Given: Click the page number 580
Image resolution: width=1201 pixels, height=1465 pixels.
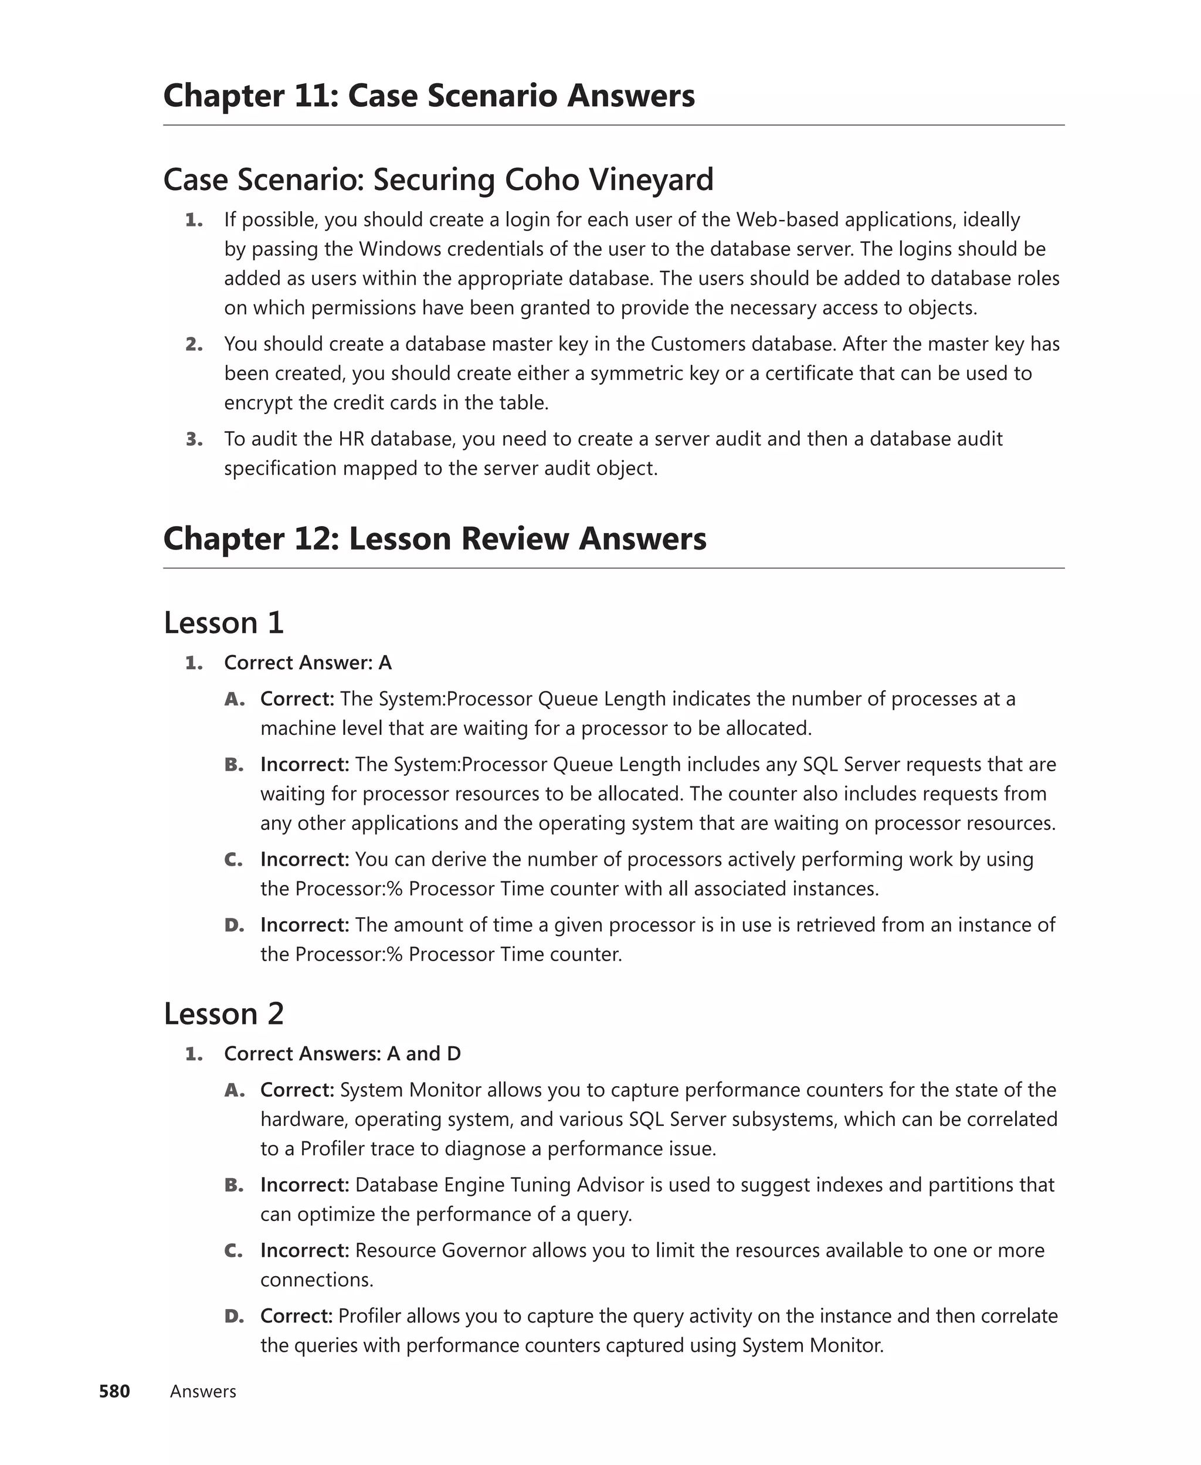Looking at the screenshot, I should pos(114,1391).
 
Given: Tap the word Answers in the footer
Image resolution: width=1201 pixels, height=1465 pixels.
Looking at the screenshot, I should pos(203,1391).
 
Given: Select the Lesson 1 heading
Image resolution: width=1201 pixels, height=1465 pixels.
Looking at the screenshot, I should pos(223,622).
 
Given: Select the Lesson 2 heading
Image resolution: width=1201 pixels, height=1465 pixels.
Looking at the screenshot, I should pos(223,1013).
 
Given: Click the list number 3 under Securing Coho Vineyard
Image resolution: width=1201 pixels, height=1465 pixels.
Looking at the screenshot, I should pos(194,439).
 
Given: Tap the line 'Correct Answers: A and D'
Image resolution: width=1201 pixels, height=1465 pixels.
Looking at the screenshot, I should pos(342,1053).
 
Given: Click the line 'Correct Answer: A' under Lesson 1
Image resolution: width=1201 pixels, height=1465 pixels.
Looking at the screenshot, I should pos(308,663).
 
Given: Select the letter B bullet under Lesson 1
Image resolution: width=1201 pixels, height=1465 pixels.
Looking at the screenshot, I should pos(234,764).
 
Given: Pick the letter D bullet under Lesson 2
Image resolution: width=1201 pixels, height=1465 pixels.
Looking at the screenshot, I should pos(234,1315).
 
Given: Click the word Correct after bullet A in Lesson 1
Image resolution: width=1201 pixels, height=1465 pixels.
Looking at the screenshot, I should pos(297,698).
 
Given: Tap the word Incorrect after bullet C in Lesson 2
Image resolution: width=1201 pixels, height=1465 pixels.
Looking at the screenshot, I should pos(304,1250).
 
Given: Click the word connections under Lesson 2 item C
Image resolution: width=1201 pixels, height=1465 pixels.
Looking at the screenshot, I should pos(316,1280).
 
